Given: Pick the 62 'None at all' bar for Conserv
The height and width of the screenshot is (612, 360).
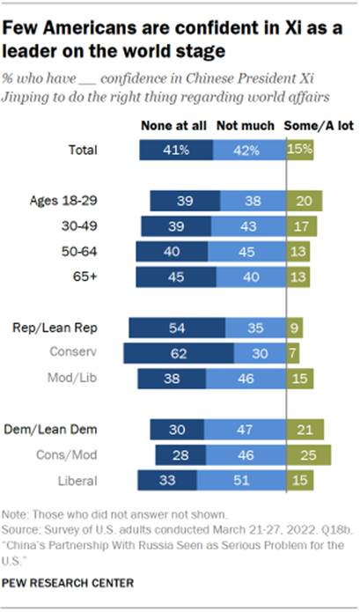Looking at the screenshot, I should (179, 353).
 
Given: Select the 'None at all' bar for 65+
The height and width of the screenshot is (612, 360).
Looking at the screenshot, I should (176, 277).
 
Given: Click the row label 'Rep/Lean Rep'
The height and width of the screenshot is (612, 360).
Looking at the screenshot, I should (78, 328).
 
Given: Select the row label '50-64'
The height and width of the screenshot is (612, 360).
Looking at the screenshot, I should (91, 251).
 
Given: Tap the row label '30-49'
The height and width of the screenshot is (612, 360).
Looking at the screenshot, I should (91, 225).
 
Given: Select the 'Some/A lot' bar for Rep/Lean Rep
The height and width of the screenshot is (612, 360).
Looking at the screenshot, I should (294, 328).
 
